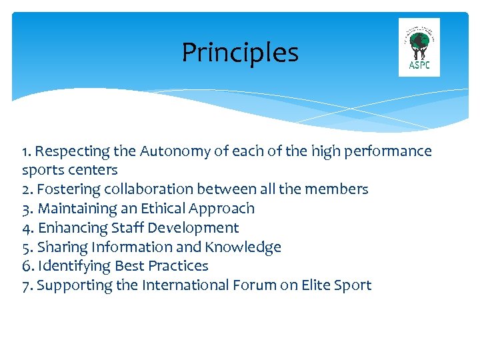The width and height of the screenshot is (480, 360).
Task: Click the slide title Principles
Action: (240, 53)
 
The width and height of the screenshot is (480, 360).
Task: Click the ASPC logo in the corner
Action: (419, 47)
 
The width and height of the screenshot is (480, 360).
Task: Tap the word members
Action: (339, 189)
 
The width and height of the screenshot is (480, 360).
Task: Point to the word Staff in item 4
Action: (125, 228)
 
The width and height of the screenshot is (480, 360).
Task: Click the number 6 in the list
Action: (26, 266)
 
